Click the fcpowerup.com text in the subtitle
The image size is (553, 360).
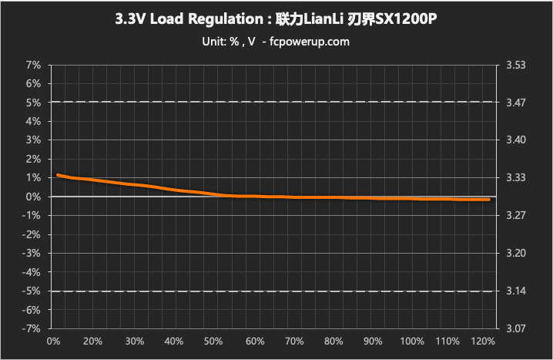pyautogui.click(x=306, y=42)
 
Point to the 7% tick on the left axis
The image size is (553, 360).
pyautogui.click(x=33, y=65)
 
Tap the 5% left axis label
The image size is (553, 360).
pyautogui.click(x=33, y=103)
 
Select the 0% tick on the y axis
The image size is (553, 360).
pyautogui.click(x=33, y=197)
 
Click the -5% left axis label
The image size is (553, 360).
pyautogui.click(x=32, y=291)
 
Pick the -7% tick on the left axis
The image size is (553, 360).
pyautogui.click(x=32, y=329)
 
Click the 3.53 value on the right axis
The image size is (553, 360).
pyautogui.click(x=515, y=65)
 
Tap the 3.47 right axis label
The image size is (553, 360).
pyautogui.click(x=515, y=103)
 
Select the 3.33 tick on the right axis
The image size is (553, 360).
pyautogui.click(x=515, y=178)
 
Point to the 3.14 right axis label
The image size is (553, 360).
pyautogui.click(x=515, y=291)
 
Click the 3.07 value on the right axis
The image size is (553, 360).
pyautogui.click(x=515, y=329)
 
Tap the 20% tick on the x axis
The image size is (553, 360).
pyautogui.click(x=92, y=341)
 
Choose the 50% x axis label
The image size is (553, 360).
pyautogui.click(x=213, y=341)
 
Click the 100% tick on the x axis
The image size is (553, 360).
pyautogui.click(x=413, y=341)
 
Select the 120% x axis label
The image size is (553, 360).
pyautogui.click(x=479, y=341)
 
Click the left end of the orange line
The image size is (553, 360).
pyautogui.click(x=58, y=175)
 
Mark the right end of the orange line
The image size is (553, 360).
pyautogui.click(x=489, y=200)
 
